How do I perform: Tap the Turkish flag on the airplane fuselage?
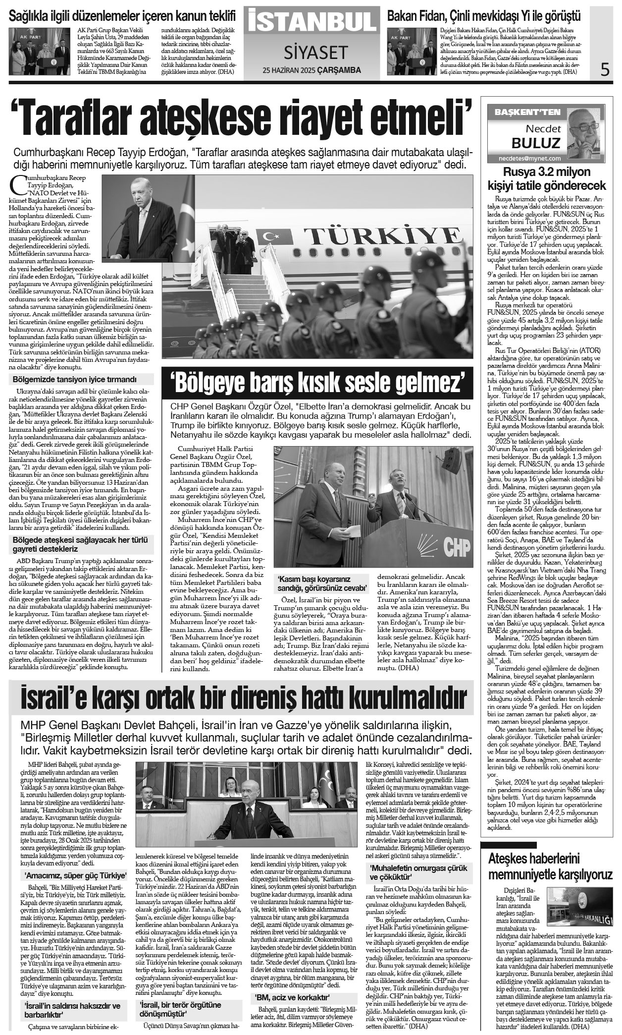click(x=272, y=237)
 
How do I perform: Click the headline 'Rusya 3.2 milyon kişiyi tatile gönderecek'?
click(x=547, y=179)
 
